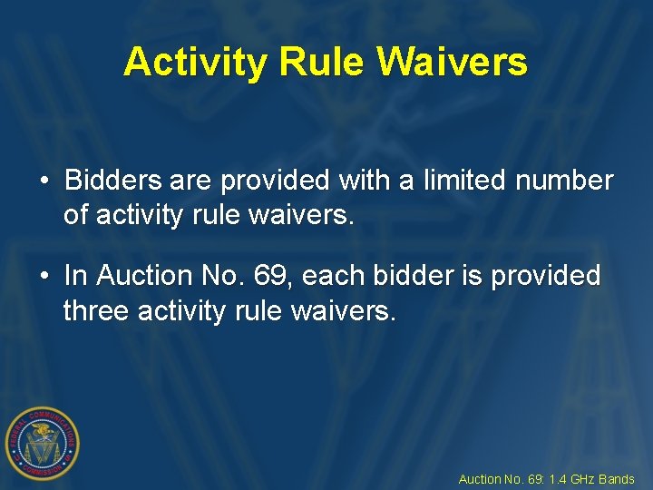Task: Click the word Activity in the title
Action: [x=196, y=62]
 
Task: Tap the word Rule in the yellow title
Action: [x=322, y=62]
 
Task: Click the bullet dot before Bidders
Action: [x=44, y=181]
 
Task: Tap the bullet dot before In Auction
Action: [x=44, y=275]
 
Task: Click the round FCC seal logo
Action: [x=42, y=443]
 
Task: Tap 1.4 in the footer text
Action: [x=556, y=479]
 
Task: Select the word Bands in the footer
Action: [x=617, y=479]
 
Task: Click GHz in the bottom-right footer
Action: [x=582, y=479]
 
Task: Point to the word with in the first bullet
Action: [x=363, y=181]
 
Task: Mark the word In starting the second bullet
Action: [x=76, y=275]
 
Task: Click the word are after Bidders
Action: [x=190, y=181]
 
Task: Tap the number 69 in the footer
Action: [x=533, y=479]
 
